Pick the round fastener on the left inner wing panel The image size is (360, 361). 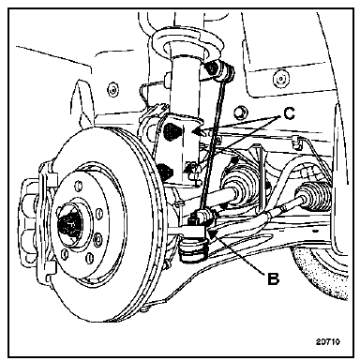[112, 91]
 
